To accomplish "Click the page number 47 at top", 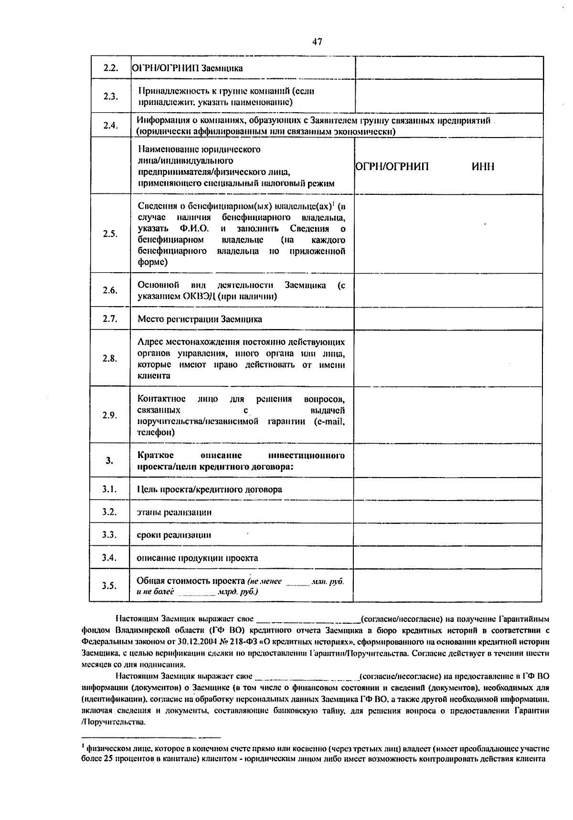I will click(x=317, y=42).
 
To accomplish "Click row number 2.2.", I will click(x=110, y=68).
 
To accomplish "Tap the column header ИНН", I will click(x=483, y=167).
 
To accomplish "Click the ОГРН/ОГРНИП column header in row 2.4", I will click(x=393, y=167).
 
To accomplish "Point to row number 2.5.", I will click(x=110, y=234).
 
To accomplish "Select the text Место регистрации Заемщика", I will click(x=200, y=319).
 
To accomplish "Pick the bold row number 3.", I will click(x=110, y=460).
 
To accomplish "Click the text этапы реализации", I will click(x=174, y=512).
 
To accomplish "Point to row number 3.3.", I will click(x=110, y=535).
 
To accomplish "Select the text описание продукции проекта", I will click(x=197, y=558).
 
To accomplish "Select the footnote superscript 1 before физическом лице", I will click(x=84, y=747).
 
